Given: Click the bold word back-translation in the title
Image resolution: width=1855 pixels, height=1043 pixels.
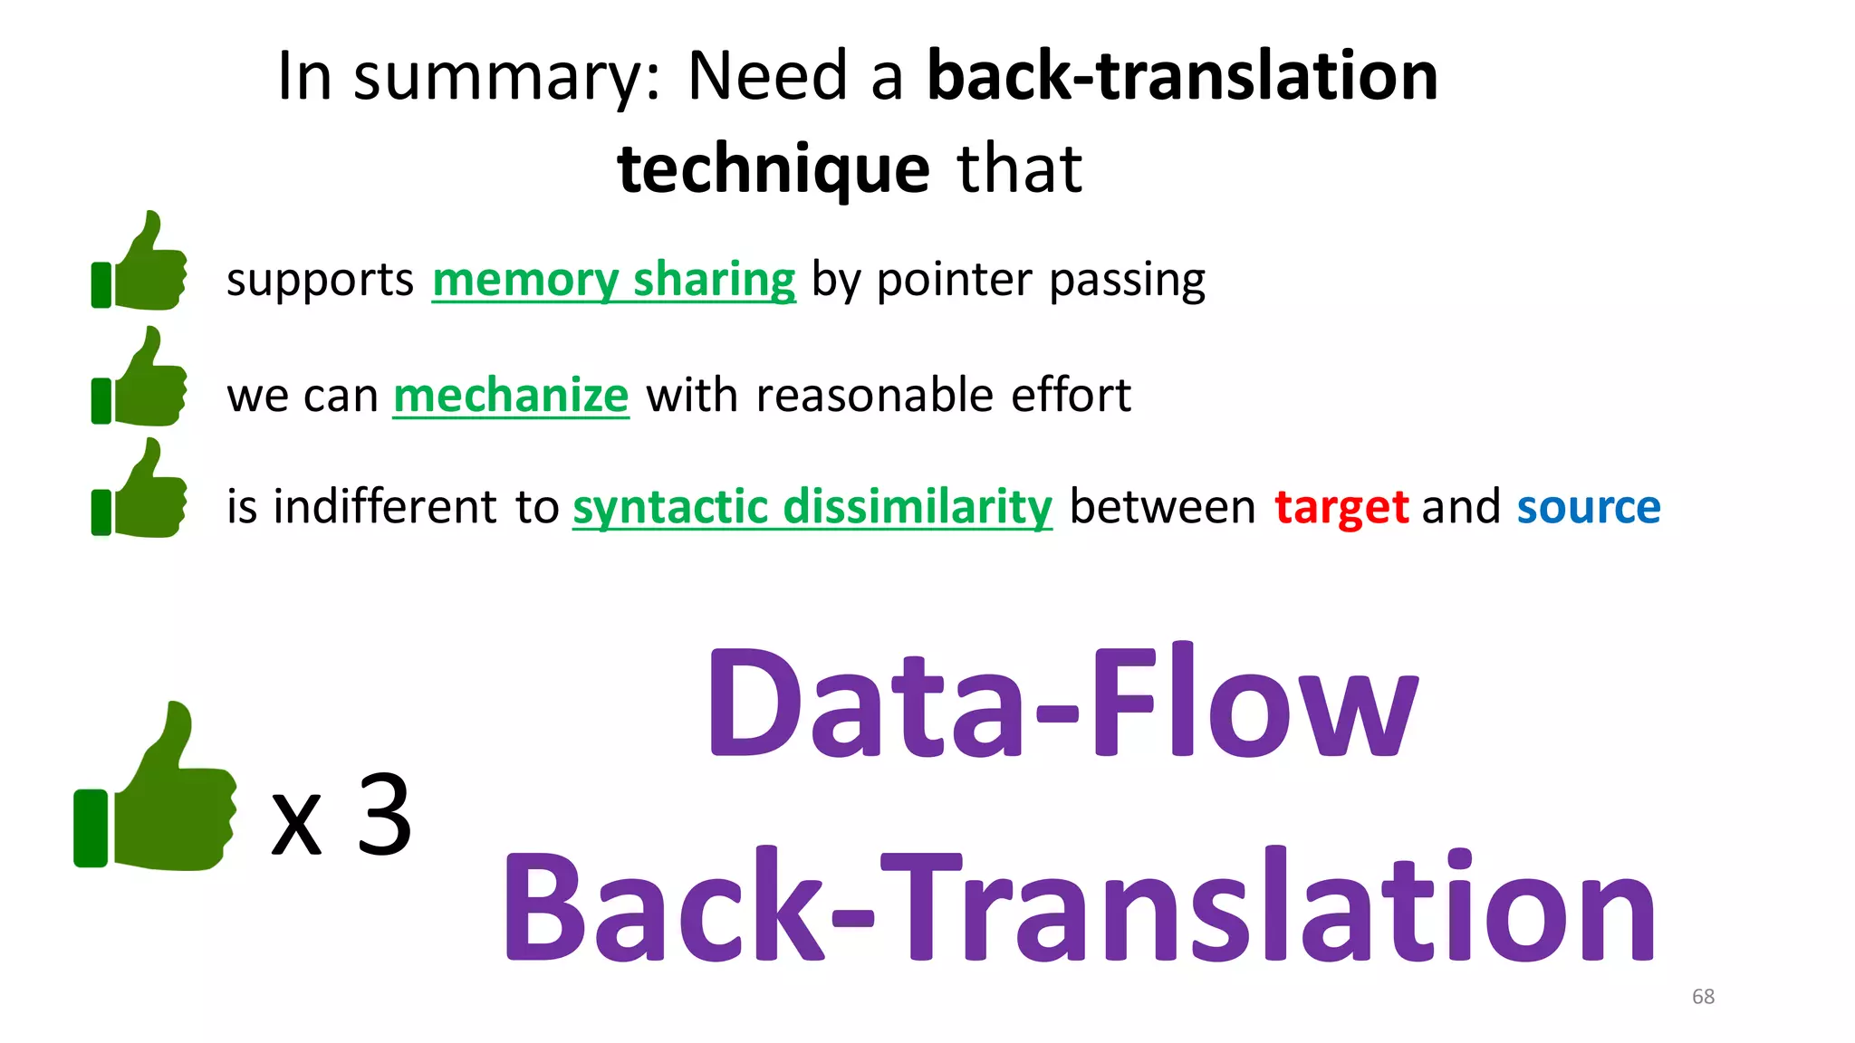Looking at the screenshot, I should pos(1182,76).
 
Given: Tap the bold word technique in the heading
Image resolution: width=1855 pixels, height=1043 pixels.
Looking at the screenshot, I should pos(773,169).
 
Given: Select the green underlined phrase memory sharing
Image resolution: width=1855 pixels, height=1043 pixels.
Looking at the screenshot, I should pos(613,280).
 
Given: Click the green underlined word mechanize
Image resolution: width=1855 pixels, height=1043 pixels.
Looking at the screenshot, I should pos(511,396).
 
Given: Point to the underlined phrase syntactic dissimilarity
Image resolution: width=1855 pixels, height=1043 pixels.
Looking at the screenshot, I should pos(812,507).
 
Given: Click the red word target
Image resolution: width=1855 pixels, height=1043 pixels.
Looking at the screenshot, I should pos(1341,507).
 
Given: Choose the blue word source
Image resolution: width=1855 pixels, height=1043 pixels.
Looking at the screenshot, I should pos(1589,507).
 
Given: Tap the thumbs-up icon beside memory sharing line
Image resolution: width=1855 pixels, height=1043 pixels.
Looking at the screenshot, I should pos(140,263).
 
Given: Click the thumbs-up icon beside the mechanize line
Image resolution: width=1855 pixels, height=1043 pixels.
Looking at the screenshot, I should pos(140,378).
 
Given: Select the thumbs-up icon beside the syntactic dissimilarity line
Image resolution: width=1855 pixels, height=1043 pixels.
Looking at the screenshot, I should pos(140,490).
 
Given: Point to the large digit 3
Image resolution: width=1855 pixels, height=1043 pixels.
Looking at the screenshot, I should pos(385,815).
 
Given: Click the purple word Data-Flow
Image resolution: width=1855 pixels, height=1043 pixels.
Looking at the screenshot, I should pos(1062,703).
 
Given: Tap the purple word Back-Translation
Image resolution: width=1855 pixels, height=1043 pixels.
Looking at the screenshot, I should pos(1078,908).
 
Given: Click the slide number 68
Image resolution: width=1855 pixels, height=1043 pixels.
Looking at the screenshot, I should pos(1703,997).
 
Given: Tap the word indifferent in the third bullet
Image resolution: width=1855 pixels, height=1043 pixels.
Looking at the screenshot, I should pos(385,507).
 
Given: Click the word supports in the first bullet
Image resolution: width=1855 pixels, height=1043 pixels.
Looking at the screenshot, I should pos(320,280).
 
